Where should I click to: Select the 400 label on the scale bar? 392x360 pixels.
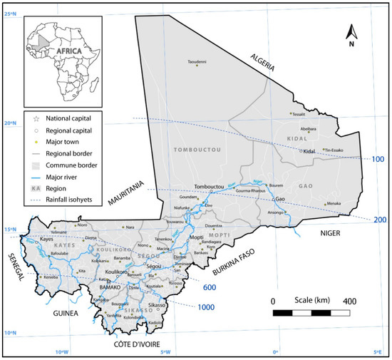click(x=349, y=302)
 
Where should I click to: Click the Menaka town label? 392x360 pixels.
click(x=333, y=204)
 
